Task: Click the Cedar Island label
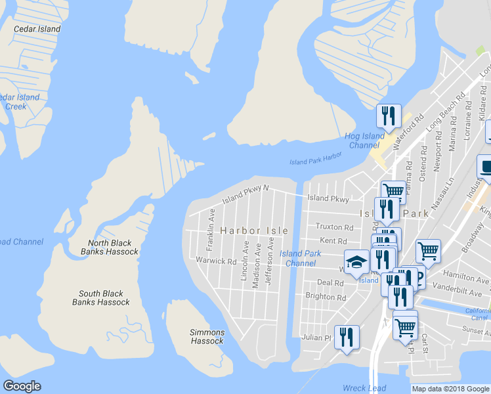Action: [x=37, y=29]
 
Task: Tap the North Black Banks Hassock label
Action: [x=110, y=247]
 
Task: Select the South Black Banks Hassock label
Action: [x=101, y=298]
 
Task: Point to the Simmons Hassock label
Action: [x=207, y=336]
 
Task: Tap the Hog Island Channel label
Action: [x=365, y=141]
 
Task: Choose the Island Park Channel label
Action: [x=301, y=258]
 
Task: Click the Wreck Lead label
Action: [x=364, y=388]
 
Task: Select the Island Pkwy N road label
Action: [x=245, y=193]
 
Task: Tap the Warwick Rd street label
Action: [x=216, y=261]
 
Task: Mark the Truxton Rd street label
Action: [x=334, y=227]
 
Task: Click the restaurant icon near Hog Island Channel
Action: [x=389, y=116]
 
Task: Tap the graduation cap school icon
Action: [x=356, y=262]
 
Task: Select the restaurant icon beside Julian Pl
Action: [x=347, y=338]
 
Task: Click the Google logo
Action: [x=22, y=386]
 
